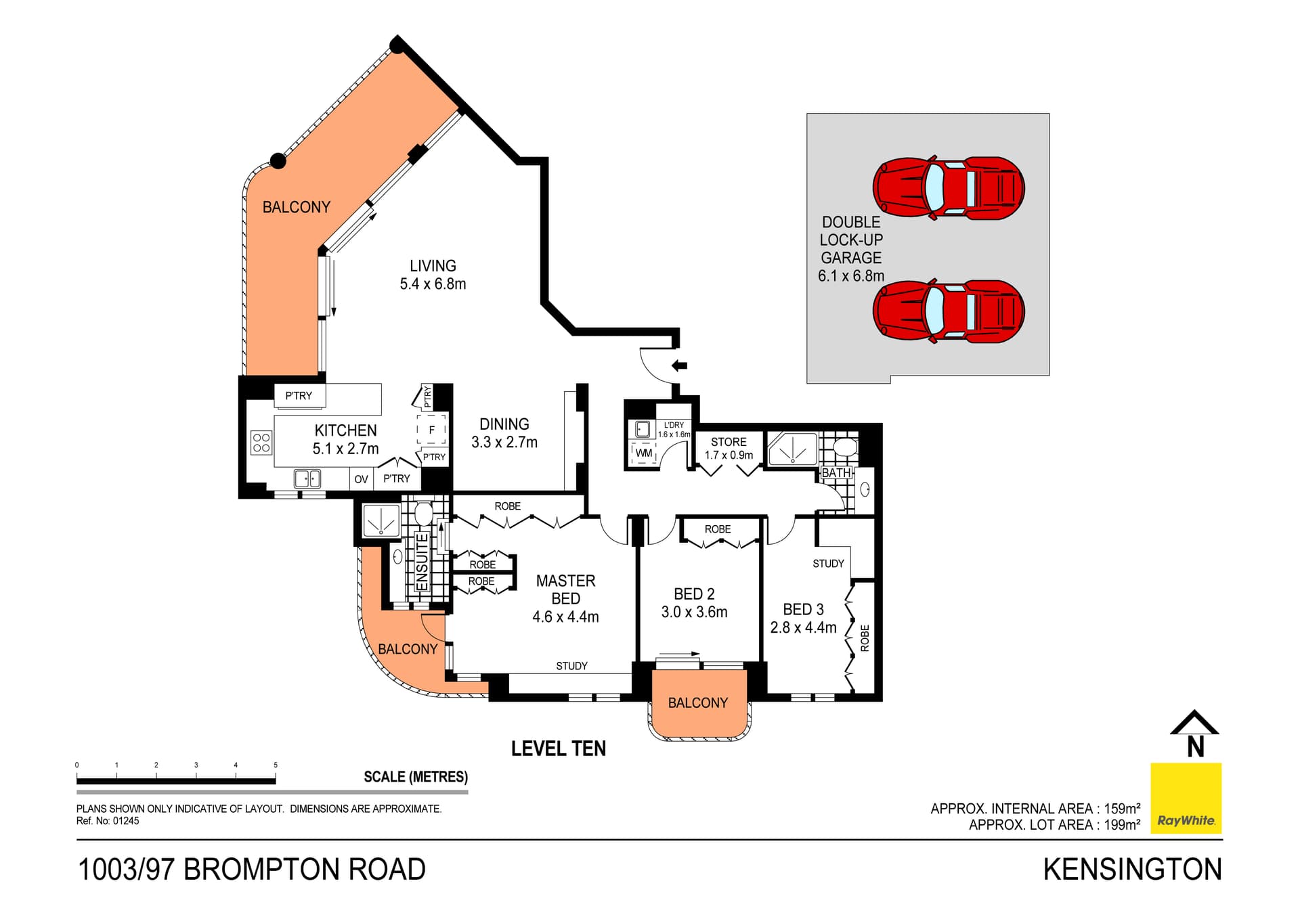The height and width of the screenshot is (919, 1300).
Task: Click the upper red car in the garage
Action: [x=948, y=188]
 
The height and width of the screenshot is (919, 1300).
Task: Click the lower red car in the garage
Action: [x=948, y=311]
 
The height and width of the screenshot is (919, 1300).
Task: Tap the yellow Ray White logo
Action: [x=1186, y=799]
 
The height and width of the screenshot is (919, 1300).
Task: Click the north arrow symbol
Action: [x=1194, y=734]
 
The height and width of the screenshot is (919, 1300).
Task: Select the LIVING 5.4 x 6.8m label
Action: [x=433, y=275]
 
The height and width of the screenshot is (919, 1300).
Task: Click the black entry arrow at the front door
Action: [x=679, y=366]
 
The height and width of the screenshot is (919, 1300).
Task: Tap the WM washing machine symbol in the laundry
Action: [x=644, y=453]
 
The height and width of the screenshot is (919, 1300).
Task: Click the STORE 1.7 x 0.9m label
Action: [x=729, y=448]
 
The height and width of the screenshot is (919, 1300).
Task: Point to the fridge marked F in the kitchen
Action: [x=431, y=430]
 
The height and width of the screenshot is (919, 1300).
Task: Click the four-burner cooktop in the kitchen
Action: [x=261, y=443]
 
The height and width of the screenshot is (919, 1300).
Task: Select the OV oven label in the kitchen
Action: [x=361, y=479]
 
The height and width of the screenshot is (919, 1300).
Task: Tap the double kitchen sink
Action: [x=307, y=478]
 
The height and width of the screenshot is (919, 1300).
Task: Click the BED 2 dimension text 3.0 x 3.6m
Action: [x=694, y=612]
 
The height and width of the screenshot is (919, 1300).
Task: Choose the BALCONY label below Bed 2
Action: [x=697, y=703]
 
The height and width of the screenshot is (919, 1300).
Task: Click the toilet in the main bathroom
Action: [x=845, y=447]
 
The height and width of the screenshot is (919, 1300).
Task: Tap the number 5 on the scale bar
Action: [x=276, y=765]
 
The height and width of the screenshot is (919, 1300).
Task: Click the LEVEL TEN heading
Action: [x=558, y=748]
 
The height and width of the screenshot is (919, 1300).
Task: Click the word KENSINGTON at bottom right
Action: [x=1132, y=870]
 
